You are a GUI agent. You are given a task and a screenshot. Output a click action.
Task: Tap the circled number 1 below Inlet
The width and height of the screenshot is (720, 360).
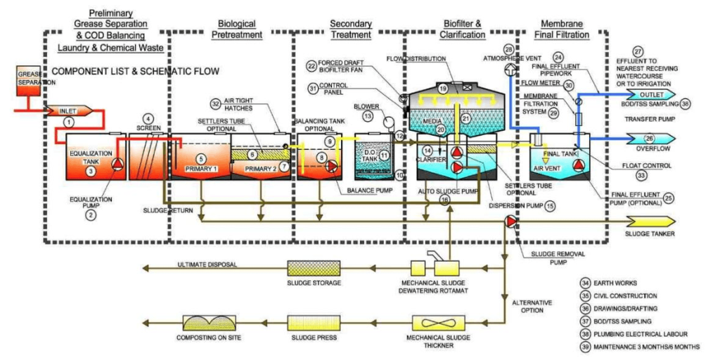[x=68, y=122]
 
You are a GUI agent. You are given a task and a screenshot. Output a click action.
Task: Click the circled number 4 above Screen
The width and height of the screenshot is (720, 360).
[x=148, y=118]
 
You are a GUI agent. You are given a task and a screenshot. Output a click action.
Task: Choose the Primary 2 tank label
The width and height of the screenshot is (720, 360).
[x=258, y=168]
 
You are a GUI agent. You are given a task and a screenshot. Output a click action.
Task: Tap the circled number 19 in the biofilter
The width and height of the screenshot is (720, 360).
[x=443, y=89]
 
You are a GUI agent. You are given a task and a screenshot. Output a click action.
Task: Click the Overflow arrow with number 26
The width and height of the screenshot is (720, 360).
[x=650, y=139]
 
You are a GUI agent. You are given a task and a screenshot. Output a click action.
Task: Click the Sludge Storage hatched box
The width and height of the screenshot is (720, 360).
[x=314, y=268]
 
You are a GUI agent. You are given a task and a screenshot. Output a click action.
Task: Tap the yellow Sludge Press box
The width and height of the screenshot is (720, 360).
[x=314, y=323]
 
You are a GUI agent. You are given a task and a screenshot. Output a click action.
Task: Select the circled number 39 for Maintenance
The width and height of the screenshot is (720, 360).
[x=585, y=347]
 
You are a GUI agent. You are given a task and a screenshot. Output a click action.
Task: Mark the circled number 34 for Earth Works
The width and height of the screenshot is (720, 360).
[x=585, y=283]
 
